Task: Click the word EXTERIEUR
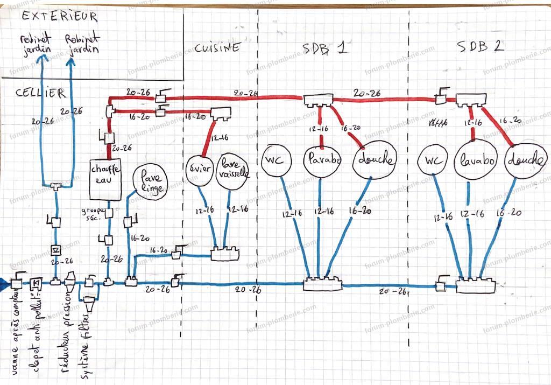pos(60,17)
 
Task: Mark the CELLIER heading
pos(40,93)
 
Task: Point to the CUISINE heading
pos(216,48)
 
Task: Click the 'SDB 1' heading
pos(323,47)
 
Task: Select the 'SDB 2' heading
pos(481,46)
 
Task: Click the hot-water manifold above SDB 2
pos(471,100)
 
